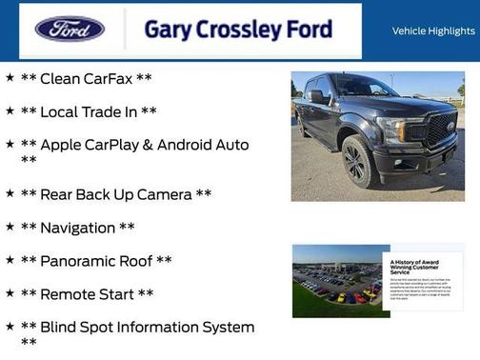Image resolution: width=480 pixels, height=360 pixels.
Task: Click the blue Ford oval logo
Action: click(70, 29)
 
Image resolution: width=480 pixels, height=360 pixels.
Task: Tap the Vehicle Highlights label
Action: click(433, 31)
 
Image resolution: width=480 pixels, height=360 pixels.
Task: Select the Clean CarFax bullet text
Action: click(86, 78)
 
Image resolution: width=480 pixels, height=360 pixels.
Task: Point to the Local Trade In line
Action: click(89, 111)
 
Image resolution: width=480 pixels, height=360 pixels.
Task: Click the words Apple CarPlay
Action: click(91, 145)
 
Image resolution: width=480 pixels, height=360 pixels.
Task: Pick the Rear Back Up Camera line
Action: click(115, 194)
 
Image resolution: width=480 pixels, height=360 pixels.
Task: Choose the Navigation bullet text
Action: click(78, 228)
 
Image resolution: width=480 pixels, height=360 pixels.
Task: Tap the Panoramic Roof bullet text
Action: click(96, 261)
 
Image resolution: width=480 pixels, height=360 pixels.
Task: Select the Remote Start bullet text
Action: click(87, 294)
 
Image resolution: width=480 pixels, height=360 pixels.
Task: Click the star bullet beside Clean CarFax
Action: click(10, 77)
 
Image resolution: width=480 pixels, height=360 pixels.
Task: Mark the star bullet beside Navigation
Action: click(10, 227)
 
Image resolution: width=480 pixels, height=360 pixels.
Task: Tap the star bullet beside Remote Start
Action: click(10, 293)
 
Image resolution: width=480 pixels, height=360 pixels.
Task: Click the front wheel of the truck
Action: click(358, 161)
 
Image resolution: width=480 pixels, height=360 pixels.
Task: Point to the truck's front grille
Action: click(439, 130)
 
